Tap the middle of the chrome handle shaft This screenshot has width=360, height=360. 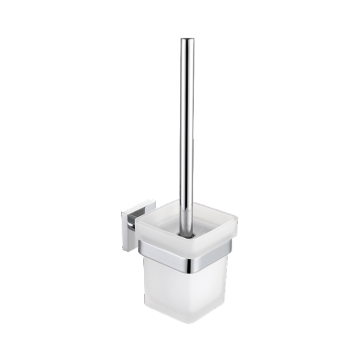pos(187,130)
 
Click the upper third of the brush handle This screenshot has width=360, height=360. pos(187,80)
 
